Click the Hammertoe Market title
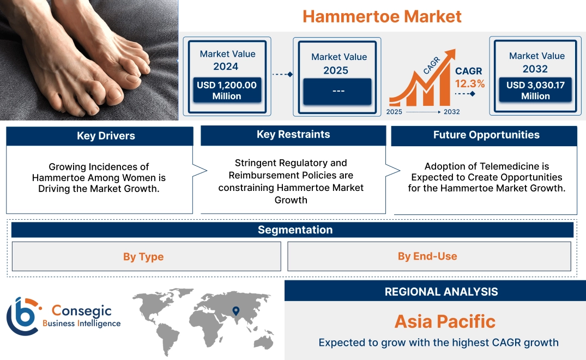pos(382,16)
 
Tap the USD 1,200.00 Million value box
pos(226,91)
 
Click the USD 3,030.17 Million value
pos(535,91)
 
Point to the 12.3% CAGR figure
pos(470,84)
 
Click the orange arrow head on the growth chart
pos(450,55)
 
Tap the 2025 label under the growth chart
pos(394,112)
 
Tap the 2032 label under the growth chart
pos(451,112)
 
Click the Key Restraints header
pos(293,135)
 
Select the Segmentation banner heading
pos(295,230)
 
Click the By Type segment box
pos(143,256)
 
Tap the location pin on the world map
pos(235,311)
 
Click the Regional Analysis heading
pos(441,292)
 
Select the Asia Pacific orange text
pos(445,321)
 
